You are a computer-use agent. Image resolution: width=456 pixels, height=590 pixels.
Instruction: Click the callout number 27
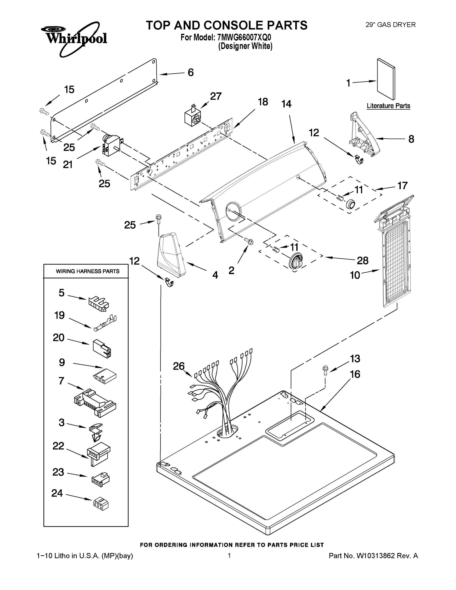[x=216, y=96]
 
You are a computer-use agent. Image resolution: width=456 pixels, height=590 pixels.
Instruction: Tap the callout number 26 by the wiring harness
[x=178, y=366]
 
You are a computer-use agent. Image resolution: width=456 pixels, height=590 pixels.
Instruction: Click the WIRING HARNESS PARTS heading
[x=88, y=271]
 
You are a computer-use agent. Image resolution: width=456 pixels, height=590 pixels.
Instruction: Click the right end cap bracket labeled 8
[x=364, y=136]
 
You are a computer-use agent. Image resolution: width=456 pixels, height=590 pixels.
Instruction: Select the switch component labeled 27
[x=192, y=117]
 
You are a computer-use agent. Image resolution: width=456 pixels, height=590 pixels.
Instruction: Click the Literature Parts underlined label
[x=388, y=106]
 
